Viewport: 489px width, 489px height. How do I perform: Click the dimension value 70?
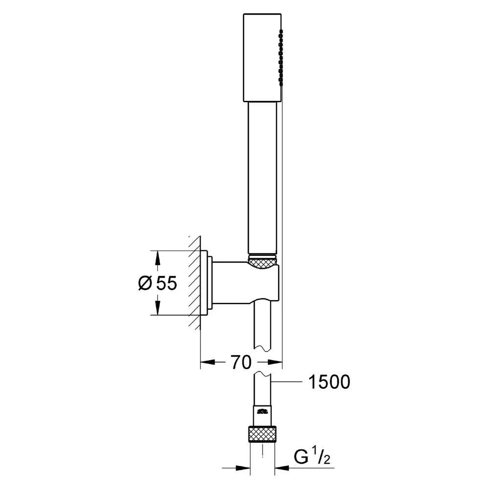(241, 362)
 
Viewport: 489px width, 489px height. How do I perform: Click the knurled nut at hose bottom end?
(263, 434)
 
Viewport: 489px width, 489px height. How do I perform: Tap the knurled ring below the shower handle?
(263, 262)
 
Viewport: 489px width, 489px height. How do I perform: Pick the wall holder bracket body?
(244, 284)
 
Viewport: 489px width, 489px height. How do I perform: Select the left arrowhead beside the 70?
(208, 362)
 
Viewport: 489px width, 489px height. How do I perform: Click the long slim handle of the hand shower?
(263, 176)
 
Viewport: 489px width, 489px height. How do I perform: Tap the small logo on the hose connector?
(263, 410)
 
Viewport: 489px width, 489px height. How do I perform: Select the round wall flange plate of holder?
(209, 284)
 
